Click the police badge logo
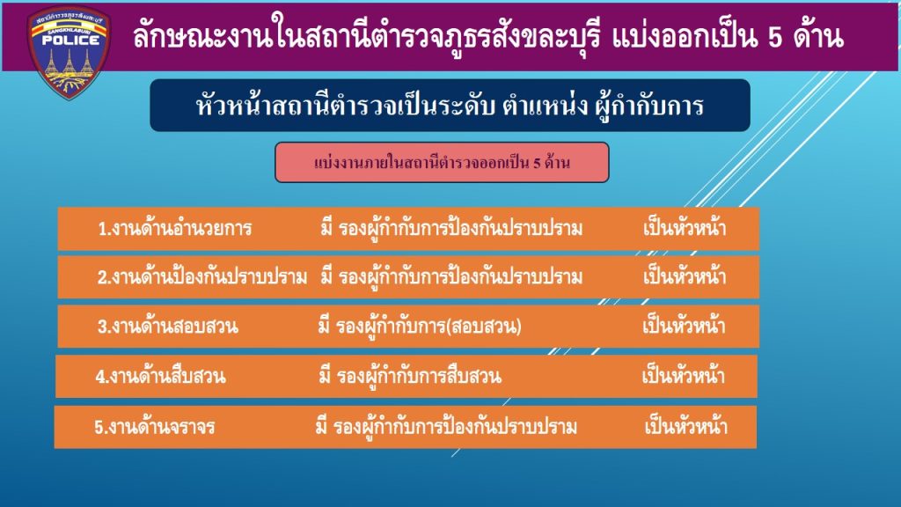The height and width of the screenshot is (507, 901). (70, 52)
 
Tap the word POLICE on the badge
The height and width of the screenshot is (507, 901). (70, 40)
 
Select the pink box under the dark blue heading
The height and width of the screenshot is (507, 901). (442, 163)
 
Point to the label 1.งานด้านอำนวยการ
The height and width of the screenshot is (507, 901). (175, 229)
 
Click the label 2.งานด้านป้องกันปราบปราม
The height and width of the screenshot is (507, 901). (202, 277)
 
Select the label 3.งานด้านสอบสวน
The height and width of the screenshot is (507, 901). (167, 327)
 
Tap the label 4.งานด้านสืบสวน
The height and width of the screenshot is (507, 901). (160, 377)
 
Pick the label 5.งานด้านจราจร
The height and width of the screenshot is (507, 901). (155, 427)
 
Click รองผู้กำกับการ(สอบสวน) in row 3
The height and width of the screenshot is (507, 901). (429, 327)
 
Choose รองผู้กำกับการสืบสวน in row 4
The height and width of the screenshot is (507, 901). (419, 377)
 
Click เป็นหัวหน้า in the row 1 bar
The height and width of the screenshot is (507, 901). (685, 228)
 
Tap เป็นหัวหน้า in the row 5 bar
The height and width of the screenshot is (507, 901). (686, 427)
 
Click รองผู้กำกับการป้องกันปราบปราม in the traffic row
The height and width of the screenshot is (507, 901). (455, 427)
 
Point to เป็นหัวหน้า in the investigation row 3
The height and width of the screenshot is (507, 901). (684, 326)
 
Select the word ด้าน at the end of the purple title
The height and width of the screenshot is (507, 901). (818, 35)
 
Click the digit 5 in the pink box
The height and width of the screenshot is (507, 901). (537, 163)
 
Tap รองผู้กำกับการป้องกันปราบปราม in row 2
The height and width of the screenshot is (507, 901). (460, 277)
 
